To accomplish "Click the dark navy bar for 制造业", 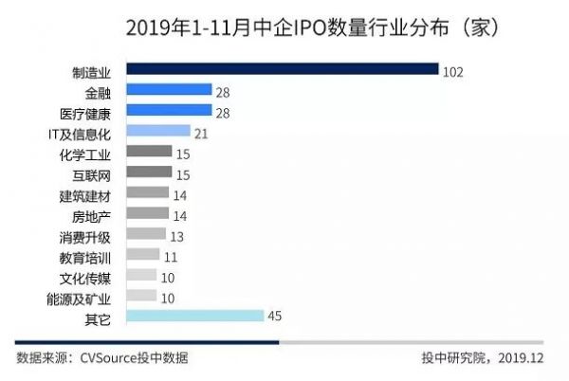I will (282, 69).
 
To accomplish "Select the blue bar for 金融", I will (169, 90).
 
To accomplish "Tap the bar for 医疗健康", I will (169, 111).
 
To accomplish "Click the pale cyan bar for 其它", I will (194, 317).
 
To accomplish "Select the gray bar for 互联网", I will (149, 172).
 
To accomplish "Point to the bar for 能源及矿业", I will (141, 296).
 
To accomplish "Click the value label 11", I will (172, 255).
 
